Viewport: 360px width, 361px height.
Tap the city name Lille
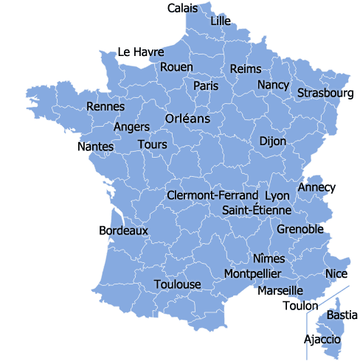[x=221, y=21]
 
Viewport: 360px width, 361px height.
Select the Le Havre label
[x=141, y=52]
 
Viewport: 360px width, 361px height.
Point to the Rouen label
[x=176, y=67]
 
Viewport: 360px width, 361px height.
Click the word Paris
[x=206, y=86]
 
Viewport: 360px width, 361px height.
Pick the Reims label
[x=246, y=69]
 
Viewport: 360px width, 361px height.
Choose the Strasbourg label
[x=325, y=94]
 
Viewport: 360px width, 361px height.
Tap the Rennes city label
[x=105, y=107]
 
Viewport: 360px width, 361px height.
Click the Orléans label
[x=187, y=119]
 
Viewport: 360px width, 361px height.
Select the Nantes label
[x=96, y=147]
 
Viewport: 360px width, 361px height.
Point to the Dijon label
[x=273, y=141]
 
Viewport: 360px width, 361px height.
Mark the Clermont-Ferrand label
[x=213, y=196]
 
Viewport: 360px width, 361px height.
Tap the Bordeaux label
[x=123, y=231]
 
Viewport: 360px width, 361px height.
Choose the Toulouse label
[x=177, y=284]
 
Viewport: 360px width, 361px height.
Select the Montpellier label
[x=252, y=274]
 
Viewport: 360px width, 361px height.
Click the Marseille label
[x=280, y=291]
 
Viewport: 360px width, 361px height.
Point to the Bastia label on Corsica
[x=342, y=315]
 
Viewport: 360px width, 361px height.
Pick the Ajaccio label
[x=322, y=340]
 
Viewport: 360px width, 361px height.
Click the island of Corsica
[x=330, y=327]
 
